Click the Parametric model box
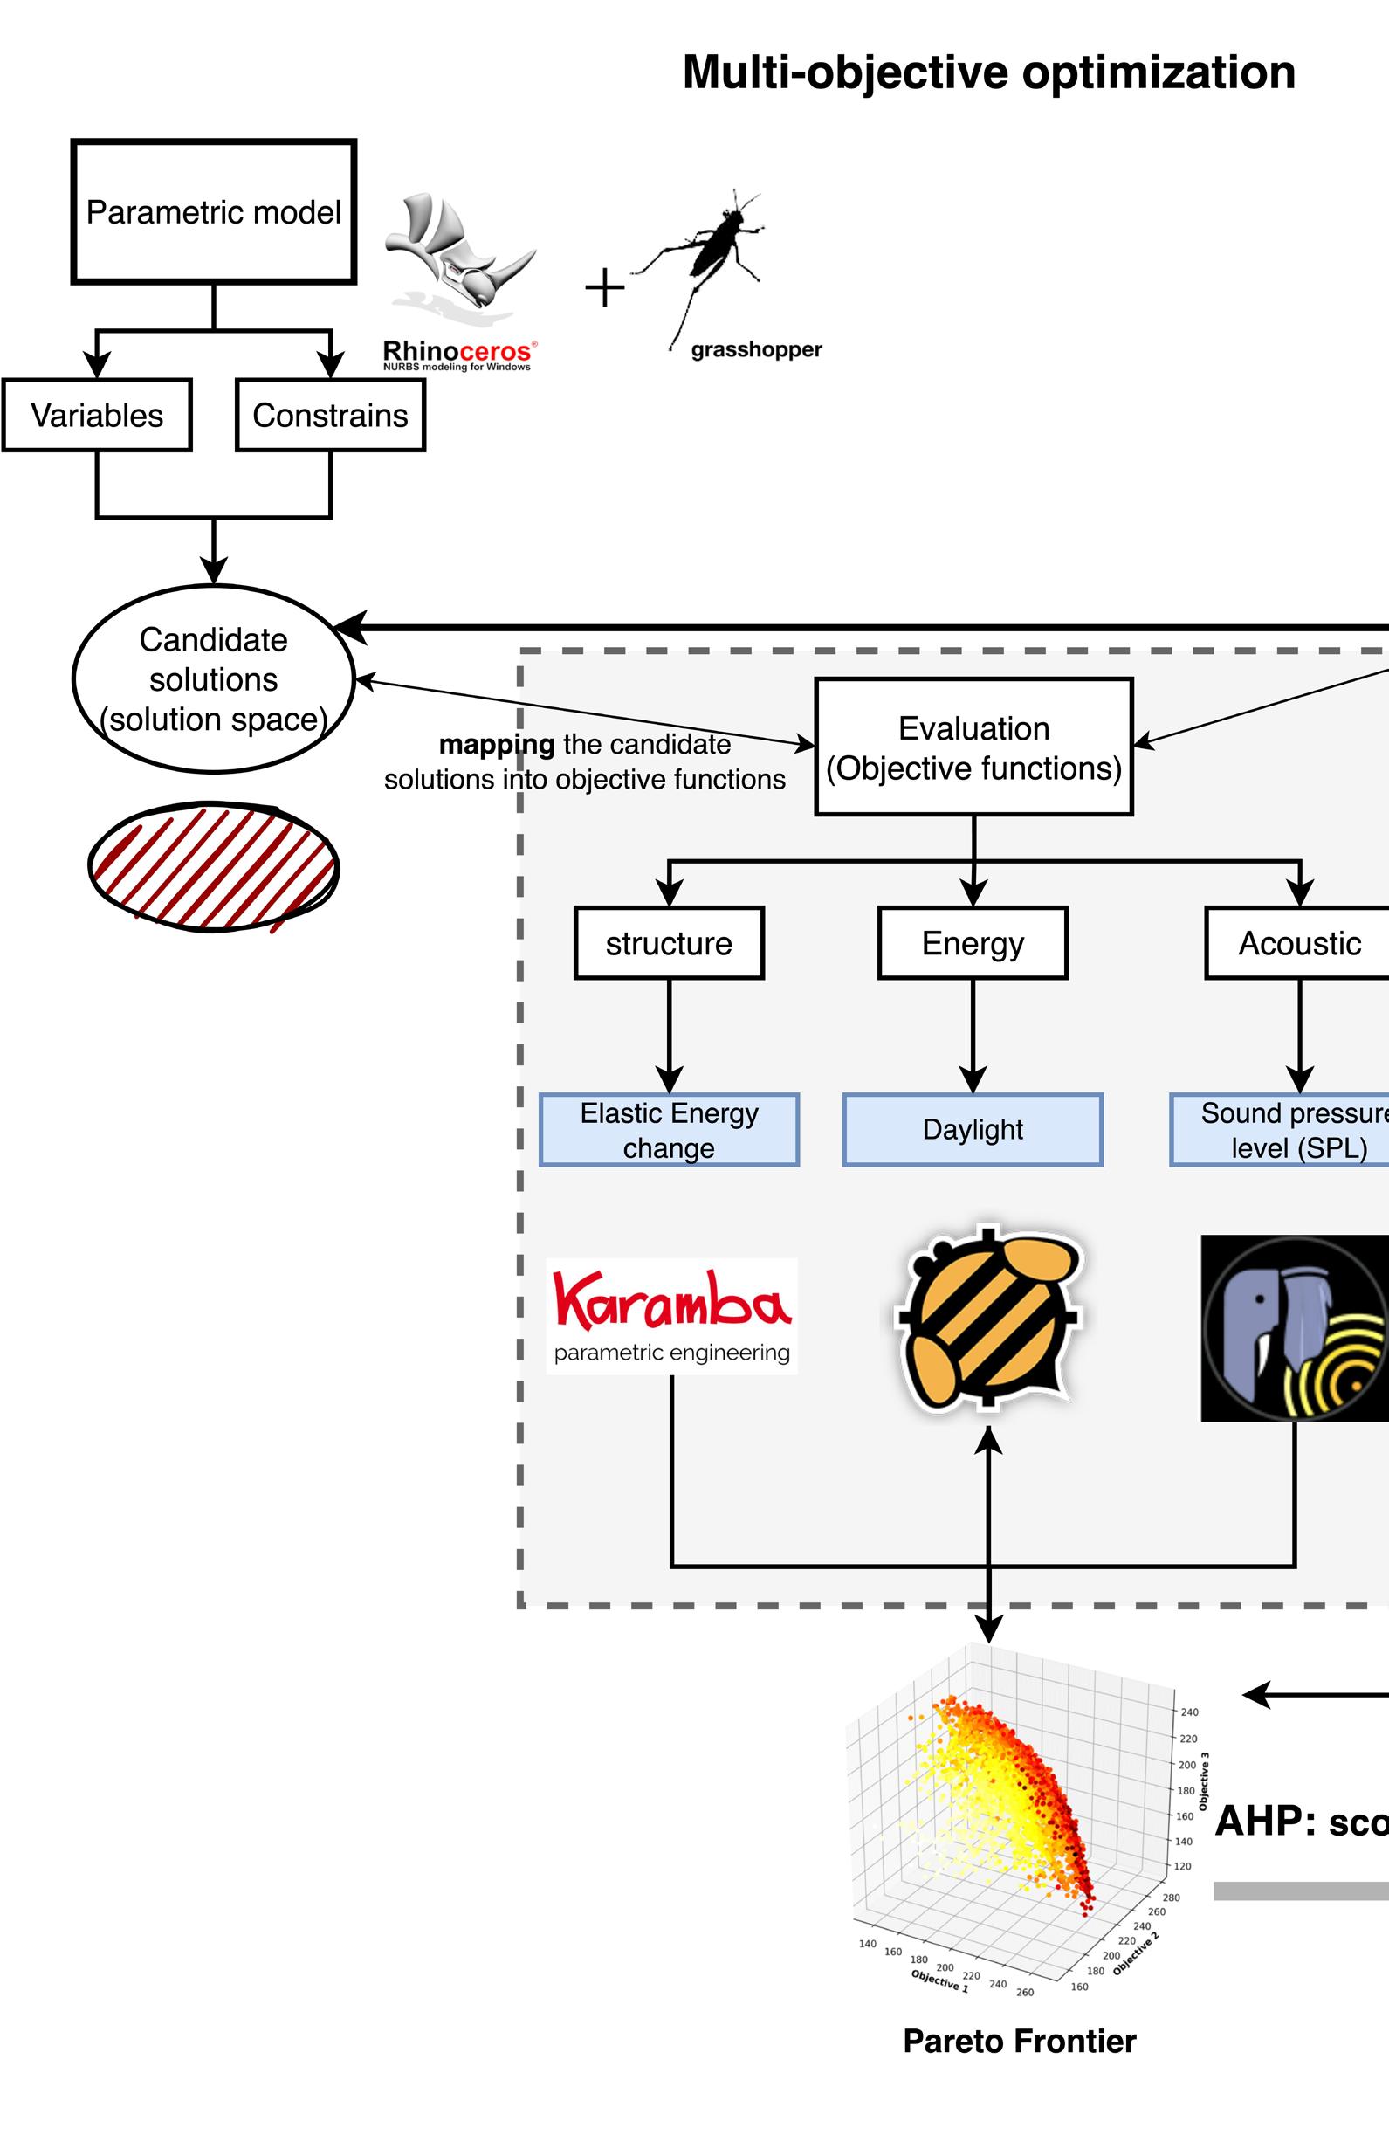214,212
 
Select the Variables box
98,415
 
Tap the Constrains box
330,415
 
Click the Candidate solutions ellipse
214,679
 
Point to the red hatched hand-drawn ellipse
214,866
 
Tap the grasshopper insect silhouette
712,262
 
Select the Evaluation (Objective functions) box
973,747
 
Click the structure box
670,943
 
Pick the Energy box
973,943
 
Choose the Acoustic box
1299,943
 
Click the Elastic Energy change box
670,1130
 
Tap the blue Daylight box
973,1130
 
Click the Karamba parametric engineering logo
672,1315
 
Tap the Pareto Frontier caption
1019,2041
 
